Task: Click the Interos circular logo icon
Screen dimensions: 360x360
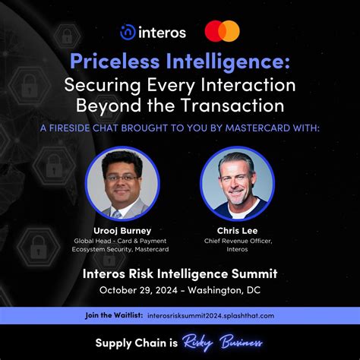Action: pos(128,31)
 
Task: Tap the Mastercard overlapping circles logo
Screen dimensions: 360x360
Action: pos(222,31)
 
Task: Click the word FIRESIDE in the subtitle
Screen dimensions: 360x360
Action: pos(90,128)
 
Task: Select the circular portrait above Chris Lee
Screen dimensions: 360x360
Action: pos(237,183)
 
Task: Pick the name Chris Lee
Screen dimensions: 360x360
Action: pos(237,231)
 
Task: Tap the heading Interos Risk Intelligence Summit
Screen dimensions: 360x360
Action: pos(180,273)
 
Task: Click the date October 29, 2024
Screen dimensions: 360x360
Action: pos(139,290)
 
